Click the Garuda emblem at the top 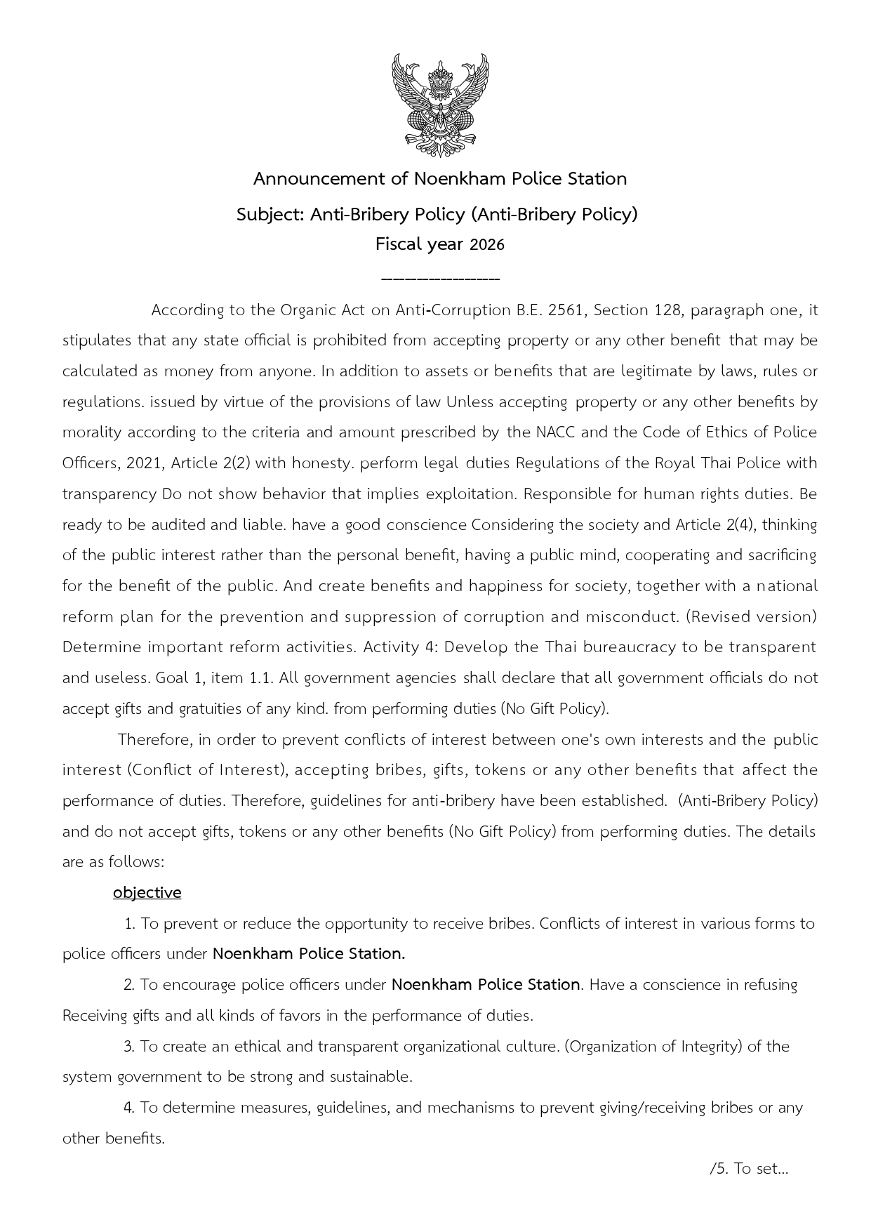pyautogui.click(x=440, y=106)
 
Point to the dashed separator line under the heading pyautogui.click(x=440, y=279)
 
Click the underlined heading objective pyautogui.click(x=147, y=893)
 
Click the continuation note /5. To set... pyautogui.click(x=749, y=1169)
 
